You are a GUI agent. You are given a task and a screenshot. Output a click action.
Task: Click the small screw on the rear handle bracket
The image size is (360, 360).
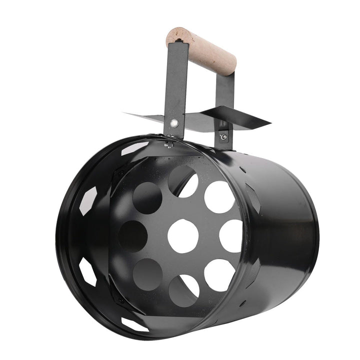[x=223, y=136]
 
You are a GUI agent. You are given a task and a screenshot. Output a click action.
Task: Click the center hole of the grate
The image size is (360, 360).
[x=183, y=236]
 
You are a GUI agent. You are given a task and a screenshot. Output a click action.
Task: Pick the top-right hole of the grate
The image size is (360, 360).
[x=219, y=197]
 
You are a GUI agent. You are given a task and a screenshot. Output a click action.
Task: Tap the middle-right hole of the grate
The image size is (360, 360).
[x=231, y=236]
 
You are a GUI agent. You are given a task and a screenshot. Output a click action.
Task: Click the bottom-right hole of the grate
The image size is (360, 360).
[x=219, y=274]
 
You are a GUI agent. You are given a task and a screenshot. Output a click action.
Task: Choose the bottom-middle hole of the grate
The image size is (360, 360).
[x=183, y=290]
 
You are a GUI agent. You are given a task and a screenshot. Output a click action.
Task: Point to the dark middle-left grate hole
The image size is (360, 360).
[x=133, y=236]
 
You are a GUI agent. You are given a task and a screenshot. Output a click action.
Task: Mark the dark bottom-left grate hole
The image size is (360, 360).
[x=147, y=274]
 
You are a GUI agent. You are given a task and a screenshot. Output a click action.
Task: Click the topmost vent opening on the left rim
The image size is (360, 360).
[x=135, y=148]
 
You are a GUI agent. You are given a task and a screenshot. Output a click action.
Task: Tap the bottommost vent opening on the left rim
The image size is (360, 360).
[x=135, y=324]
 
